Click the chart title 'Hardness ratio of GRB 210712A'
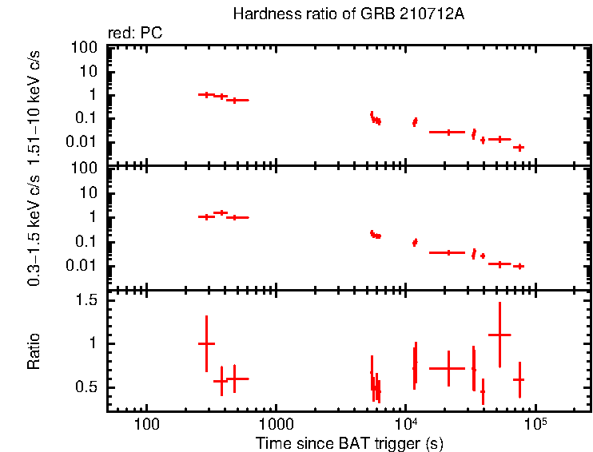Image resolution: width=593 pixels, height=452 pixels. coord(348,14)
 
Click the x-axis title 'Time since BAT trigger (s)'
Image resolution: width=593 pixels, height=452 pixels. coord(348,442)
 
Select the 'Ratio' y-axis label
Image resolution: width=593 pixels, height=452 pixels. coord(34,351)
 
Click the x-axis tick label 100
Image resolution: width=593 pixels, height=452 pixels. coord(146,422)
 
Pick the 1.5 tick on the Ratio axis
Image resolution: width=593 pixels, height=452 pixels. coord(90,300)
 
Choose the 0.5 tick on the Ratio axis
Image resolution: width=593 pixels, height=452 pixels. coord(90,387)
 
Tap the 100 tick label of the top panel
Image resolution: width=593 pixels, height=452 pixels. coord(86,47)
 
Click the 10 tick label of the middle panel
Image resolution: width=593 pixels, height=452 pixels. coord(90,193)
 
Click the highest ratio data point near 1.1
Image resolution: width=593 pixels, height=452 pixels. coord(499,335)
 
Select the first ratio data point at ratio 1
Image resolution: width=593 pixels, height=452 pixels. coord(206,343)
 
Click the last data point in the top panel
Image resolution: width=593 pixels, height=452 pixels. coord(519,147)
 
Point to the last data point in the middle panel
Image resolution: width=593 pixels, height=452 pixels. coord(519,266)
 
